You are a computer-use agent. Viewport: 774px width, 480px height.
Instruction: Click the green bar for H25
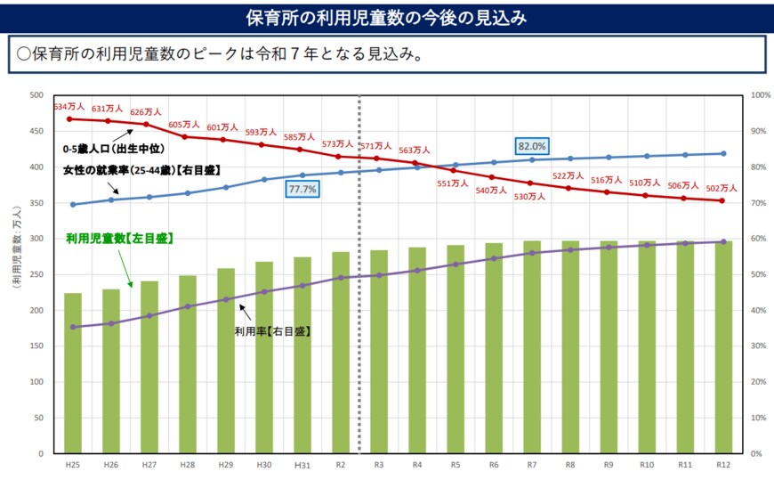coord(73,374)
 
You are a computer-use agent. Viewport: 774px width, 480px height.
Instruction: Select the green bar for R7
coord(532,347)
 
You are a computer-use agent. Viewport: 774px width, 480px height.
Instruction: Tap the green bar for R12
coord(723,347)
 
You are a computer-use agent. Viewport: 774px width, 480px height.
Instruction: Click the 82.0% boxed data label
coord(532,145)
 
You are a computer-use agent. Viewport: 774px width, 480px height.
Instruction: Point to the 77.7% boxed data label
coord(302,190)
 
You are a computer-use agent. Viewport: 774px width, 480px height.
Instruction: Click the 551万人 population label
coord(453,183)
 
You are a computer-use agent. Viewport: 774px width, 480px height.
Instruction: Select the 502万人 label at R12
coord(722,188)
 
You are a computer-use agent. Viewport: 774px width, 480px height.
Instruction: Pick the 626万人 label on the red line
coord(145,112)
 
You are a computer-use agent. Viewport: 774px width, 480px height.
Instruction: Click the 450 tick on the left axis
coord(36,131)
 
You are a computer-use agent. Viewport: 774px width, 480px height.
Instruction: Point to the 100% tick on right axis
coord(760,95)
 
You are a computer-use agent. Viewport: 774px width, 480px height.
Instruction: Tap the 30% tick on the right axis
coord(760,346)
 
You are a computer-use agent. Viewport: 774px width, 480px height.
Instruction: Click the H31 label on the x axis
coord(302,466)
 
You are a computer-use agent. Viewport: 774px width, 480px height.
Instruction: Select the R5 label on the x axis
coord(456,466)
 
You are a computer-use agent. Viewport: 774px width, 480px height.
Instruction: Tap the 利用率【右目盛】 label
coord(272,330)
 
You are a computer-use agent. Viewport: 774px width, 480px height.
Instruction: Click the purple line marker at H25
coord(73,327)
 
